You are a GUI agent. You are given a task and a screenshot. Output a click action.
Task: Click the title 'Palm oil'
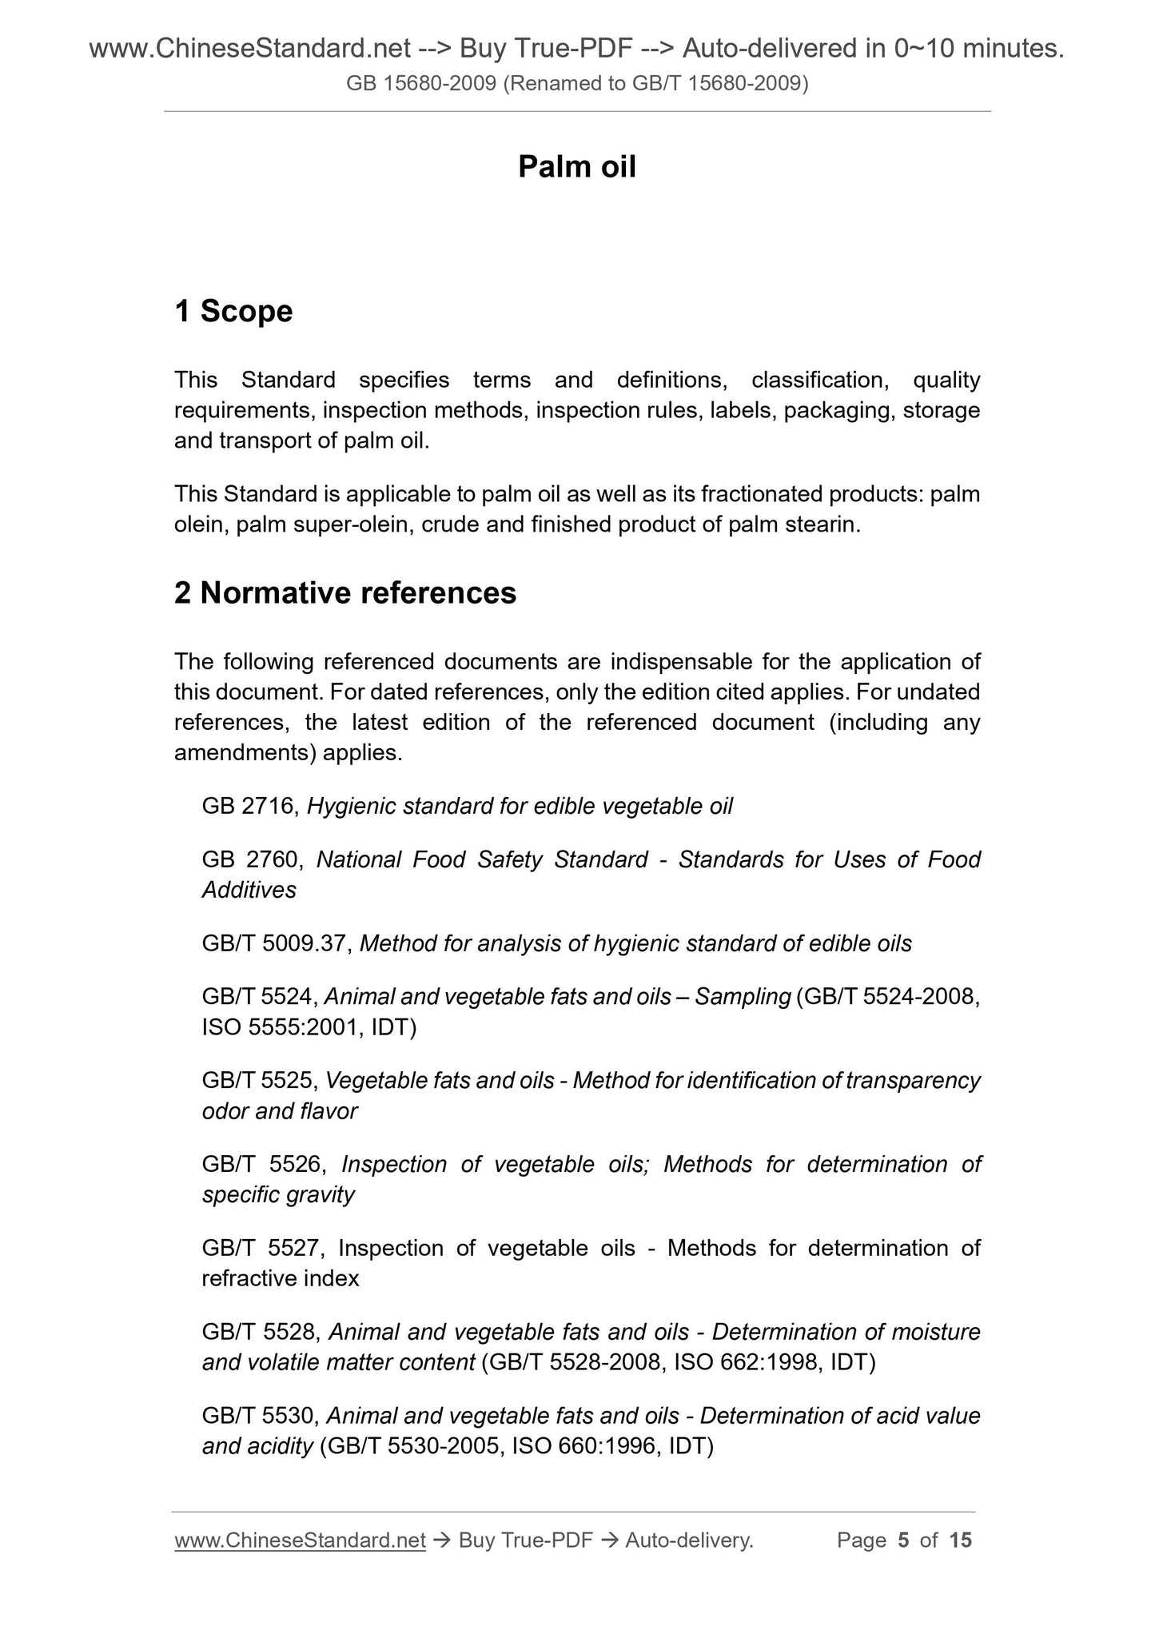pos(576,167)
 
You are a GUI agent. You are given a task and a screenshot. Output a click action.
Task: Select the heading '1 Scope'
pos(233,311)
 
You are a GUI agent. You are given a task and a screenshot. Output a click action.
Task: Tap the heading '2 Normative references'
pos(345,593)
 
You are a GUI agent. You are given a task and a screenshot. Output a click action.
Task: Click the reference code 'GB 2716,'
pos(251,806)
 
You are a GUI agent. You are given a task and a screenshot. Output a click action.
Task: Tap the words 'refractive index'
pos(281,1278)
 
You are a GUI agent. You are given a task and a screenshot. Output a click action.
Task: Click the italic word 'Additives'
pos(249,890)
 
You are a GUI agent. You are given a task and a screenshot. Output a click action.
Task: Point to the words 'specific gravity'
pos(278,1194)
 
